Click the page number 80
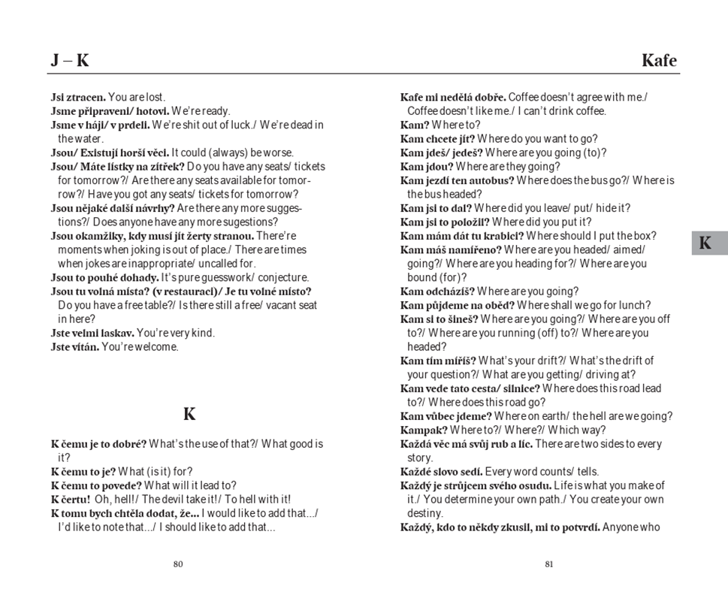(x=178, y=565)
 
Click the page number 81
(x=549, y=565)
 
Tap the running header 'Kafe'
(x=659, y=61)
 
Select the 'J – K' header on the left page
(x=70, y=61)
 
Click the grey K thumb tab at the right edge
(x=705, y=243)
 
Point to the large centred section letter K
(x=189, y=414)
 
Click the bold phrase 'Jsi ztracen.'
(x=78, y=98)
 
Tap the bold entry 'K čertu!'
(x=71, y=500)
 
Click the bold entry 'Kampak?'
(x=424, y=430)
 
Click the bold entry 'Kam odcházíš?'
(x=437, y=291)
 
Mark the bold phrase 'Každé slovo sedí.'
(x=441, y=472)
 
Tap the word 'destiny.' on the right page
(x=425, y=513)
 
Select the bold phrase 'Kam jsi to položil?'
(x=445, y=222)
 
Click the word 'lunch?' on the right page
(x=634, y=306)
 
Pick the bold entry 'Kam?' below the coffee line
(x=415, y=125)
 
